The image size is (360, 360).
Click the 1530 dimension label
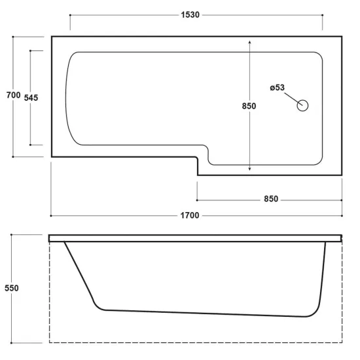(190, 15)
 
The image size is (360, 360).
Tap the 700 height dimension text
(13, 95)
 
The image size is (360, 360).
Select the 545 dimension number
(31, 98)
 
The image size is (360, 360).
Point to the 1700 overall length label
(190, 215)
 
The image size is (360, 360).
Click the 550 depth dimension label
(12, 288)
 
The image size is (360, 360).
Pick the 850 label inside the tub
(249, 106)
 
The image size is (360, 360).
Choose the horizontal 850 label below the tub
(271, 199)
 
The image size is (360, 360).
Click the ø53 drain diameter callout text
(277, 88)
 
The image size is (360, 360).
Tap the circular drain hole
(302, 105)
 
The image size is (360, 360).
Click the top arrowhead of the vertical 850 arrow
(249, 43)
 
